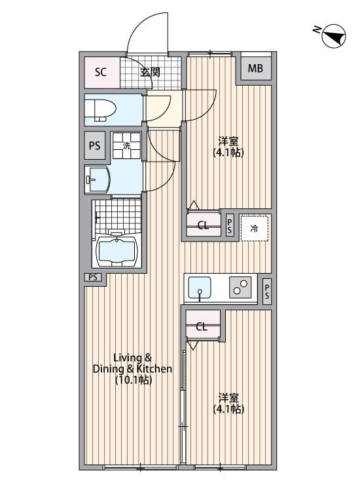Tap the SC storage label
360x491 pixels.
point(100,71)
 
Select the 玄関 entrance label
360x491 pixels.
point(150,71)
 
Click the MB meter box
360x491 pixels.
point(255,67)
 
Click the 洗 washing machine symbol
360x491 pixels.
point(127,146)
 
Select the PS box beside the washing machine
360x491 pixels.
point(95,146)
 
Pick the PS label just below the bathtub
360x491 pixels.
point(93,278)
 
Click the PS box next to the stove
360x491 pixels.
point(266,291)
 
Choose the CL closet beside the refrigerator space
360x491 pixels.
point(203,226)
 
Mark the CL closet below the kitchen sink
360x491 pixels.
point(202,327)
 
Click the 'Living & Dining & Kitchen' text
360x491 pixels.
point(133,363)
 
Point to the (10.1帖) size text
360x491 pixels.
point(133,380)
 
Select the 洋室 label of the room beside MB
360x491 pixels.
point(228,141)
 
